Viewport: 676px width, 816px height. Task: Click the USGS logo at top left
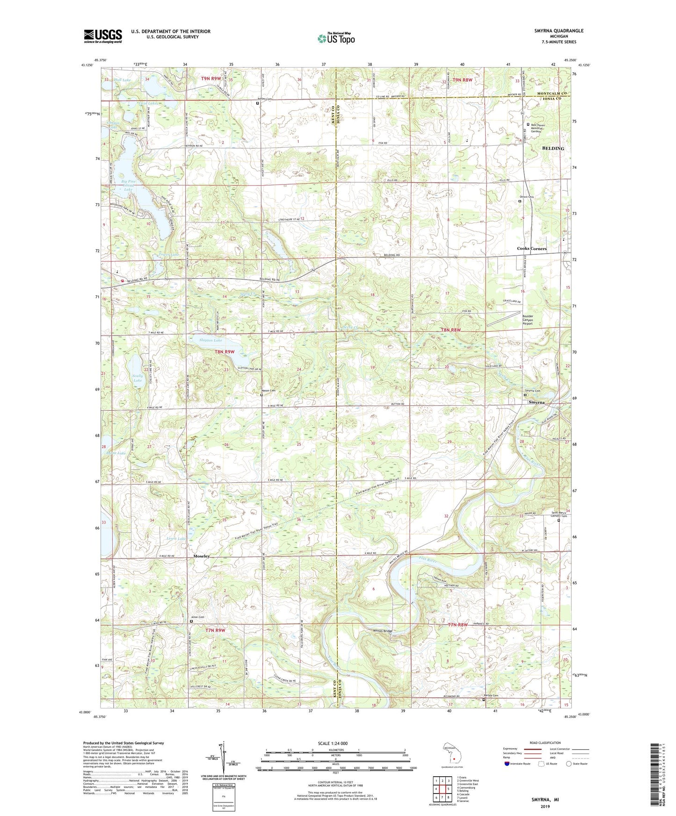pyautogui.click(x=103, y=36)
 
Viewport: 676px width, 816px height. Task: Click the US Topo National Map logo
pyautogui.click(x=335, y=38)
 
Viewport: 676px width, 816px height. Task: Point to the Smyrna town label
pyautogui.click(x=536, y=402)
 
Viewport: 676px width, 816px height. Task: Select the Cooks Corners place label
pyautogui.click(x=531, y=249)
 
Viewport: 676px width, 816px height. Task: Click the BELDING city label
pyautogui.click(x=552, y=148)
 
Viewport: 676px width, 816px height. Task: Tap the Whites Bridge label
pyautogui.click(x=382, y=631)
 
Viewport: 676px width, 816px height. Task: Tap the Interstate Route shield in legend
pyautogui.click(x=507, y=764)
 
